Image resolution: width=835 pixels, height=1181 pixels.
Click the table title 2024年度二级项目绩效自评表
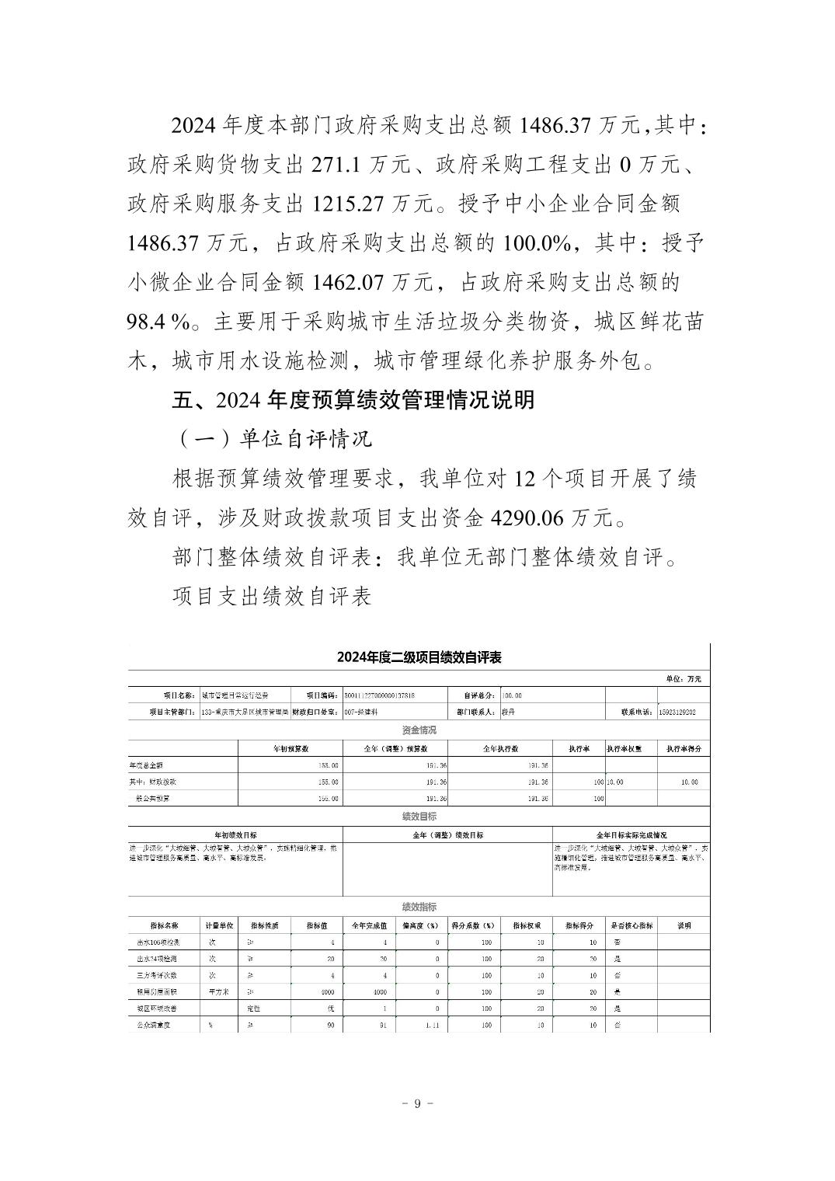419,657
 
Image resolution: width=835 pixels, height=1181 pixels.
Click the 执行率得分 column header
684,748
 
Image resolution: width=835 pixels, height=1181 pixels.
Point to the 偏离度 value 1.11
433,1025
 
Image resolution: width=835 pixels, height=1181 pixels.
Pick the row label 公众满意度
153,1025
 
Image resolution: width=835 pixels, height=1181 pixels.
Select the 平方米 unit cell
218,991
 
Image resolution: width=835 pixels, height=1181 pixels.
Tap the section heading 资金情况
419,730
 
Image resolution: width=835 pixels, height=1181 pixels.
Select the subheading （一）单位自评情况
271,439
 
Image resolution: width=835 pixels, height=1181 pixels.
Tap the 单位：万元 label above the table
684,678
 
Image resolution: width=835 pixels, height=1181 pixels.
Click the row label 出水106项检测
154,942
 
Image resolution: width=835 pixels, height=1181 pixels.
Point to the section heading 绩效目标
419,816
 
